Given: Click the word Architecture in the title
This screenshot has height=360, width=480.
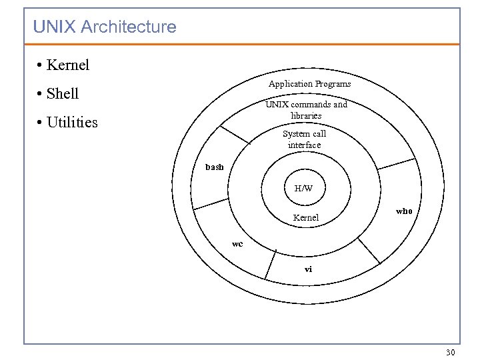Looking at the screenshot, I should [128, 27].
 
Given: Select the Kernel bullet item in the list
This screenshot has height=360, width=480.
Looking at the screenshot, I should [68, 65].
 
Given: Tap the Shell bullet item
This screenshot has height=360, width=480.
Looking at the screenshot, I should [63, 94].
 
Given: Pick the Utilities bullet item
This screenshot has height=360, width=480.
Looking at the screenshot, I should [72, 123].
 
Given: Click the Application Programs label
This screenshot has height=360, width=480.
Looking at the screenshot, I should [309, 84].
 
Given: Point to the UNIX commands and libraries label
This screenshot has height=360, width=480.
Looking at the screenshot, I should [306, 110].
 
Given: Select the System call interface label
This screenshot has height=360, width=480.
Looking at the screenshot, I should [305, 139].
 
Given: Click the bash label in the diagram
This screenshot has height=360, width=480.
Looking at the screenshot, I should [215, 167].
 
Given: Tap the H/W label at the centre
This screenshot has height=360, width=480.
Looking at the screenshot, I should [303, 189].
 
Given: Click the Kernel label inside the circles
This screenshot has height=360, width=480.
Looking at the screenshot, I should [306, 218].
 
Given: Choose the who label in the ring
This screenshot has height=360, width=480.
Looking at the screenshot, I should [404, 211].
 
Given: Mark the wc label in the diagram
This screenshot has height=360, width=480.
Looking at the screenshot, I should [237, 244].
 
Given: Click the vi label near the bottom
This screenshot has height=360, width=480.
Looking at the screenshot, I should [308, 269].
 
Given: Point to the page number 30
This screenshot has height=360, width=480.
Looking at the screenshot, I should [450, 352].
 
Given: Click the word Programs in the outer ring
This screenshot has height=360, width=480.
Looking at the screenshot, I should [333, 84].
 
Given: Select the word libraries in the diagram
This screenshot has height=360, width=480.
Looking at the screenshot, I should [306, 116].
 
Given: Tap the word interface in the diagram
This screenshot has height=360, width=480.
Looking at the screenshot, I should [305, 145].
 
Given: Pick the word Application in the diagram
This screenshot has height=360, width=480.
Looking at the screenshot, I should [291, 84].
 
